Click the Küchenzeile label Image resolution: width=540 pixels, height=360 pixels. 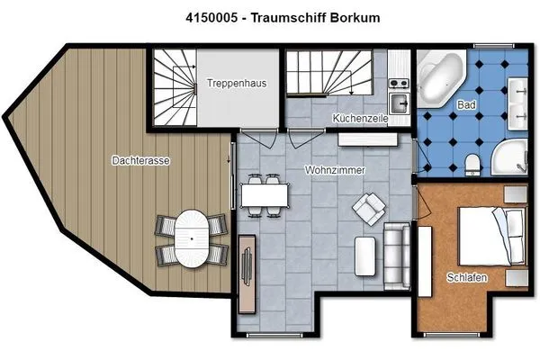[360, 119]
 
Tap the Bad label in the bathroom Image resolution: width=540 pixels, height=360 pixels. [468, 104]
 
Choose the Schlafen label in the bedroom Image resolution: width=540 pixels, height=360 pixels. [467, 278]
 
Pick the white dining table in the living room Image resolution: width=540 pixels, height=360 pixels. [265, 193]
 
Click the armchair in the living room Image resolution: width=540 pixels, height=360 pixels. [369, 210]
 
